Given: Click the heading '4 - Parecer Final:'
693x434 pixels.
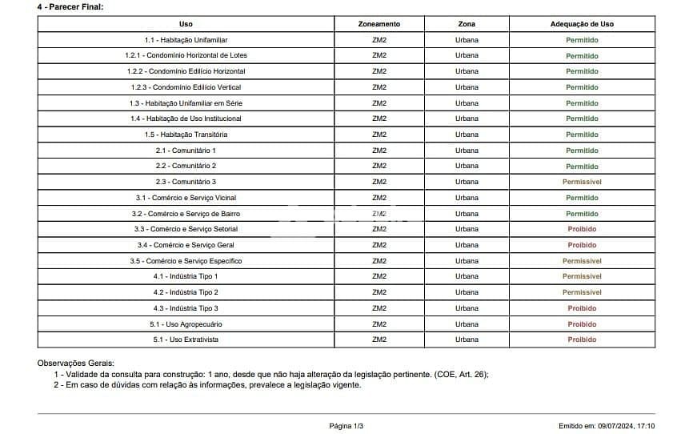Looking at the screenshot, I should (x=70, y=6).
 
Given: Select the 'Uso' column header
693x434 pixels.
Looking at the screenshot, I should (x=186, y=24).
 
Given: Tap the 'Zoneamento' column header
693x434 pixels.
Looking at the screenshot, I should (x=379, y=24).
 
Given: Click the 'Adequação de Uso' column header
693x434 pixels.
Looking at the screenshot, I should (x=582, y=24).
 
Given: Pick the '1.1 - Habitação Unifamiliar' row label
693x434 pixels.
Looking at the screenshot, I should (x=186, y=40).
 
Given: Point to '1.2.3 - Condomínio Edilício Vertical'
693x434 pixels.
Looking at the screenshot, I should (x=186, y=87).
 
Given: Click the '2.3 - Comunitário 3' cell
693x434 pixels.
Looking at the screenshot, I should (x=186, y=182).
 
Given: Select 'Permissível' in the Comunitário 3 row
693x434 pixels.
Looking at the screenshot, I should (x=582, y=182).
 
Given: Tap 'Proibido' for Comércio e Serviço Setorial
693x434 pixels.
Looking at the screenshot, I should (x=582, y=229).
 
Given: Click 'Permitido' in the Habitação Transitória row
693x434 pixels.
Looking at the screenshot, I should (x=582, y=135).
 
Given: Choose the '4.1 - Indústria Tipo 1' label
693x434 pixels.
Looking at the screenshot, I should (x=186, y=276).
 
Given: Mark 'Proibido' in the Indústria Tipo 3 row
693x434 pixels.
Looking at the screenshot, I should (x=582, y=308).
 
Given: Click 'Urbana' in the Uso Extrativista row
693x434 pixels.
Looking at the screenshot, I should (x=467, y=340).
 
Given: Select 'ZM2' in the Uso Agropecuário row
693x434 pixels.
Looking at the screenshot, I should (x=379, y=324).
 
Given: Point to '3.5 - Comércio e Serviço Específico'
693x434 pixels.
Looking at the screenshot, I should (x=186, y=261).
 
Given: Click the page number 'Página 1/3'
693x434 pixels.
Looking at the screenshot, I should (x=346, y=426).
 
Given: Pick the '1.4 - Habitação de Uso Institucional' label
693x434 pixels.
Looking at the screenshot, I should (x=186, y=119).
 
